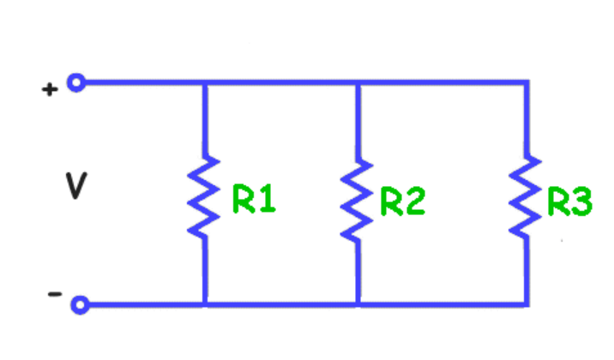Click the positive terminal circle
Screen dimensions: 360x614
76,83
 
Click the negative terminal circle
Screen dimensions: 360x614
80,303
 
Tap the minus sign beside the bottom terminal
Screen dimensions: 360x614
54,294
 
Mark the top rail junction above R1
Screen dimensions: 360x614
204,83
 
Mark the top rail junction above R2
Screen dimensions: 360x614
357,83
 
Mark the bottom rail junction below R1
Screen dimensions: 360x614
204,303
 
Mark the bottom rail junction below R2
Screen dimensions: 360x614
357,303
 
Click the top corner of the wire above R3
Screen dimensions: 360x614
526,83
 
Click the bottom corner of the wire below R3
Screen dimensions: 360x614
526,303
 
